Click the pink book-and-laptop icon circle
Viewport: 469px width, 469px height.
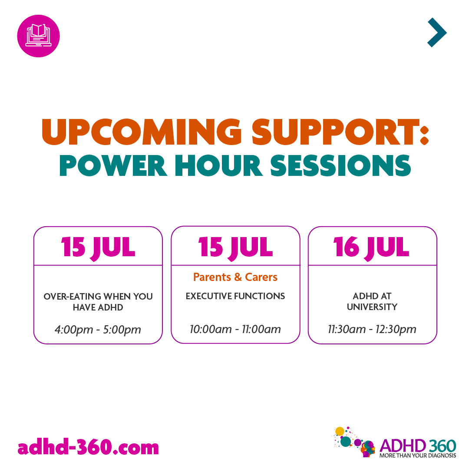38,36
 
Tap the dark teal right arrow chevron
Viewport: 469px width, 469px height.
437,33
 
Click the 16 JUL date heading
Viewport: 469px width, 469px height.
372,247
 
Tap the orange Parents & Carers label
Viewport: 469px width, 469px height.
235,277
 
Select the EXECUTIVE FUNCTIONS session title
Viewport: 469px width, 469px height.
235,296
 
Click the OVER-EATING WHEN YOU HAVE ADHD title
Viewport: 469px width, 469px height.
98,301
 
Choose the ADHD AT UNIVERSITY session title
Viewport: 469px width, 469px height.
372,301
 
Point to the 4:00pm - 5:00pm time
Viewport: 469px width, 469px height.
98,330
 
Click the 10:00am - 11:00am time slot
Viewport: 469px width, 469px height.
235,329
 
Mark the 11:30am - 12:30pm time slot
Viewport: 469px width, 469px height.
372,329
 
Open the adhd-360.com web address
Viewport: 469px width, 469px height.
89,447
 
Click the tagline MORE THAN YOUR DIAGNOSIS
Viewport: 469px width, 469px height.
418,456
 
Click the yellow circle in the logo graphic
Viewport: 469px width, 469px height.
340,431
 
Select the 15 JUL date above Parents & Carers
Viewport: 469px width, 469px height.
235,247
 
